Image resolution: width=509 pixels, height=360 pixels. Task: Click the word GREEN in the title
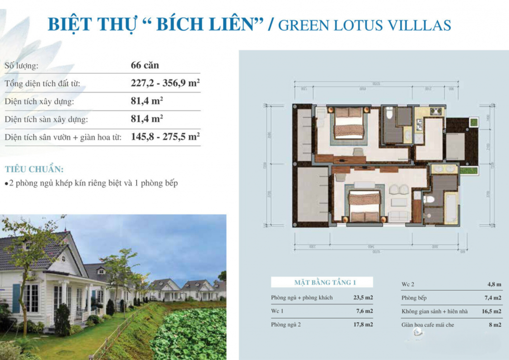[x=302, y=25]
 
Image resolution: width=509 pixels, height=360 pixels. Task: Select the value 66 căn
[x=145, y=65]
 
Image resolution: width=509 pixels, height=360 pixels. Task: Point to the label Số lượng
[x=21, y=65]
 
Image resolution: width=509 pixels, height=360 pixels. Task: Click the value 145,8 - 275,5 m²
[x=165, y=137]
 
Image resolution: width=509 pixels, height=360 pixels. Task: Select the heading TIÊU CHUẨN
[x=34, y=169]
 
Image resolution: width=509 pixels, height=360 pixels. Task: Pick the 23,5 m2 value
[x=363, y=298]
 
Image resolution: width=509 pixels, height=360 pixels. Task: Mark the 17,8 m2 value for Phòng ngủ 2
[x=363, y=325]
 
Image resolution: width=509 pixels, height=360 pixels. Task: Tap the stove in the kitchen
[x=436, y=111]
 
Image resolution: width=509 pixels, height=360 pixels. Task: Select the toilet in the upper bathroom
[x=389, y=113]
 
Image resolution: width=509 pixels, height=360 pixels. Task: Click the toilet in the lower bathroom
[x=428, y=199]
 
